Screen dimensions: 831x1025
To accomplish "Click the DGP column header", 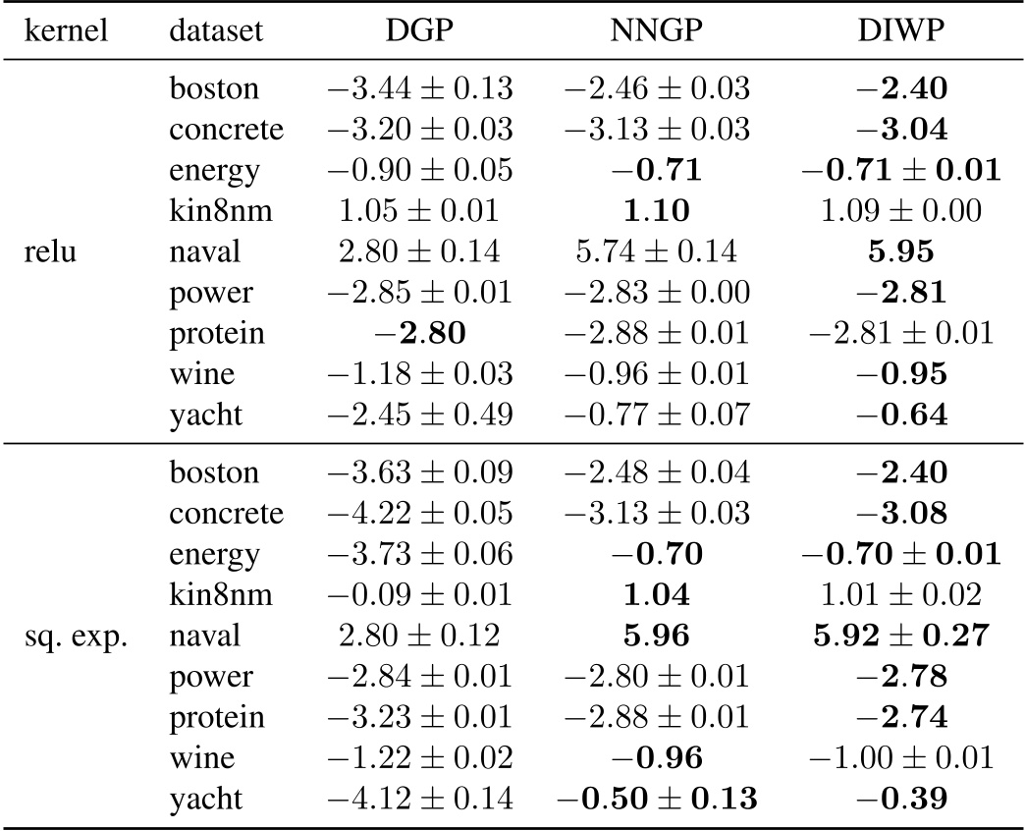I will click(x=419, y=31).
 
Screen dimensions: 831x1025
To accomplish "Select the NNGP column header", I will click(x=658, y=31).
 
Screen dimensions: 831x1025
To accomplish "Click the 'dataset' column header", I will click(x=216, y=31).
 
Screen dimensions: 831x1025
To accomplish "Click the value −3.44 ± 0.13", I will click(x=419, y=88).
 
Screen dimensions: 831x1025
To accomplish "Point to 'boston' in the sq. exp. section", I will click(x=214, y=471).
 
